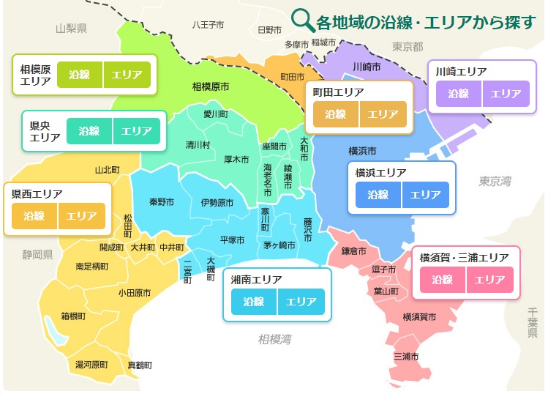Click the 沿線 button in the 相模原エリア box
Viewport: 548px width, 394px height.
point(79,75)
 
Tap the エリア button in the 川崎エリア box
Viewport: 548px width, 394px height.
point(506,94)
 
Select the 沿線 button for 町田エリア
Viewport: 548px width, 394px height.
point(335,114)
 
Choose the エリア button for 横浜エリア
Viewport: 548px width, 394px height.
point(425,195)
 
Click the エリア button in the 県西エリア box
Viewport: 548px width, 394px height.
point(81,216)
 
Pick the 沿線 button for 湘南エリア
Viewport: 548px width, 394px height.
point(254,302)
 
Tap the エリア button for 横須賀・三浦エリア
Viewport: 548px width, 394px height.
point(490,280)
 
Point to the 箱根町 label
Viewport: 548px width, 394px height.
point(73,316)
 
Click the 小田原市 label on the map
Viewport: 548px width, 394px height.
point(135,293)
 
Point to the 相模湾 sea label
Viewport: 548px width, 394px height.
point(274,339)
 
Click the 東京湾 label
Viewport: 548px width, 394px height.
point(495,181)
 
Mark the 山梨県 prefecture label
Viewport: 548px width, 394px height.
point(72,29)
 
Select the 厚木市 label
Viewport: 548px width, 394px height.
point(237,159)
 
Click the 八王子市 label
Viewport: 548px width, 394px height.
point(208,24)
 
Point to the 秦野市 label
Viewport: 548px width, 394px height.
point(162,202)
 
